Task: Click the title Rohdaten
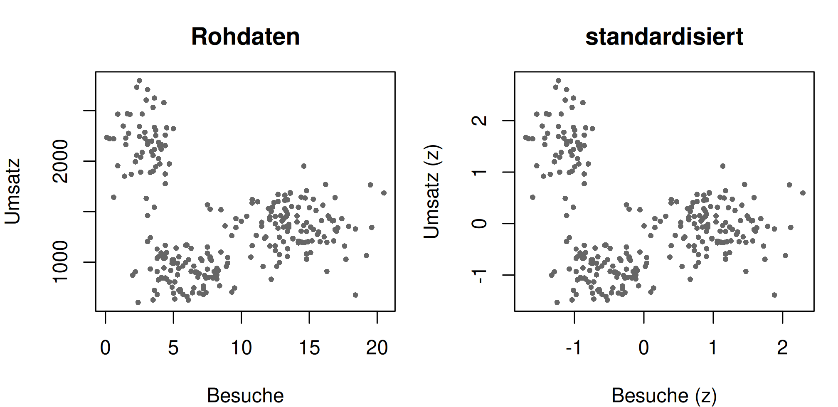(245, 37)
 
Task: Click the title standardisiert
(664, 37)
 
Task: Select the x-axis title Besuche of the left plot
(245, 395)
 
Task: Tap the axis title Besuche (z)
(664, 396)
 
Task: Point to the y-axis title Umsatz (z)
(431, 192)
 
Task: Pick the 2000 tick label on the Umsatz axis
(61, 161)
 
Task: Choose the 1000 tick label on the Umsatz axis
(61, 262)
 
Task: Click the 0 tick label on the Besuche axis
(106, 348)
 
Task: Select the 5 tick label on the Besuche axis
(173, 348)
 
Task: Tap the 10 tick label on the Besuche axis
(241, 348)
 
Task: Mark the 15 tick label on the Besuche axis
(309, 348)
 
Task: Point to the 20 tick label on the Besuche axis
(377, 348)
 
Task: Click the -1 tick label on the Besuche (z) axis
(574, 348)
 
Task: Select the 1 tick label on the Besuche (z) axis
(713, 348)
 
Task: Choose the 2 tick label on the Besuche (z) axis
(783, 348)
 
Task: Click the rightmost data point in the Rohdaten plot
(384, 193)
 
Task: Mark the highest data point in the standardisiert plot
(558, 81)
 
